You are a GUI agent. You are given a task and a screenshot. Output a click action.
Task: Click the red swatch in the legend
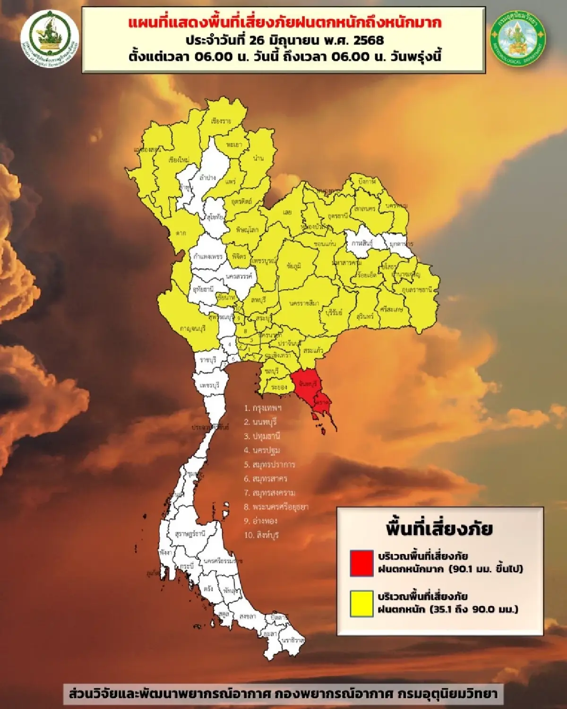[361, 563]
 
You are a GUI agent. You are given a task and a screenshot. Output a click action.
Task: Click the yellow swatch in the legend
[361, 604]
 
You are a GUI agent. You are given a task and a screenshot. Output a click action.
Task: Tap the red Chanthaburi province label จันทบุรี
[308, 384]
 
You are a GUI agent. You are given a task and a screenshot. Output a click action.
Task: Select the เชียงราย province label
[221, 121]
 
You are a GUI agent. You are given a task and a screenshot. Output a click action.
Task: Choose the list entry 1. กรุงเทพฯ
[263, 408]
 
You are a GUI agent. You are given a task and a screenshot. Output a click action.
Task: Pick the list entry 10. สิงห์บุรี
[261, 535]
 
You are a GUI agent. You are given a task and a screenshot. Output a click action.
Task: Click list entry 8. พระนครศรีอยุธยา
[276, 507]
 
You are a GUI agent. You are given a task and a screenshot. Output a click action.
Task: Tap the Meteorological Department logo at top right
[518, 39]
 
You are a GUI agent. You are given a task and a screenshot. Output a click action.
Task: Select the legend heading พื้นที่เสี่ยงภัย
[439, 528]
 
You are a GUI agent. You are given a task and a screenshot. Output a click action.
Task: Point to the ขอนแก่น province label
[325, 244]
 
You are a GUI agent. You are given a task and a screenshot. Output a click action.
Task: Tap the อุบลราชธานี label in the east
[417, 289]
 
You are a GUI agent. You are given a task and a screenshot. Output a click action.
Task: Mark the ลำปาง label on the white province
[208, 178]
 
